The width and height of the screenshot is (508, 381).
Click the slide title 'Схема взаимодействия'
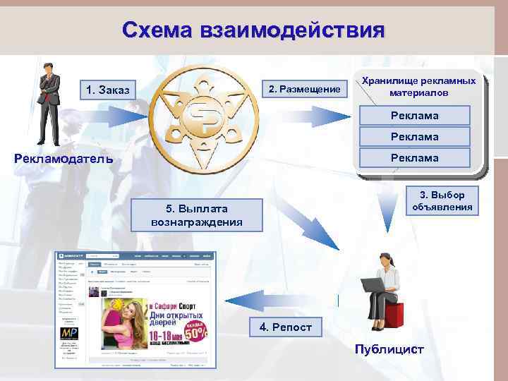click(x=253, y=30)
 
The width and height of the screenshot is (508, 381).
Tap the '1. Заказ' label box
click(x=107, y=90)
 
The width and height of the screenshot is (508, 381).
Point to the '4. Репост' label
click(x=280, y=327)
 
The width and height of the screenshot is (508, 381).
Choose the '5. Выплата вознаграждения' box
click(x=197, y=215)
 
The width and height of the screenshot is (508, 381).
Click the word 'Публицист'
click(x=389, y=349)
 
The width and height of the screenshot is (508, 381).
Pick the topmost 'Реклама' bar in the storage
click(x=415, y=115)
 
